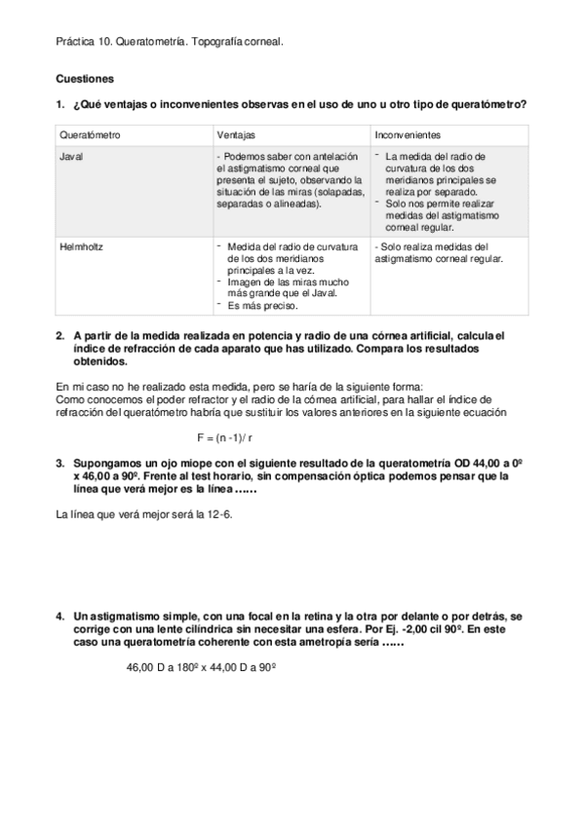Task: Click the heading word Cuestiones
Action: pyautogui.click(x=85, y=77)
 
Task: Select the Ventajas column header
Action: pyautogui.click(x=236, y=134)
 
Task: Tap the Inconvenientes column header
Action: pyautogui.click(x=408, y=134)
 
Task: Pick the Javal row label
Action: pyautogui.click(x=70, y=156)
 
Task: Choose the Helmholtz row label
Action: pyautogui.click(x=81, y=247)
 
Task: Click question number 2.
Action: pyautogui.click(x=60, y=335)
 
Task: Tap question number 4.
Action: pyautogui.click(x=60, y=617)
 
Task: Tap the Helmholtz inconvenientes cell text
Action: pyautogui.click(x=438, y=253)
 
